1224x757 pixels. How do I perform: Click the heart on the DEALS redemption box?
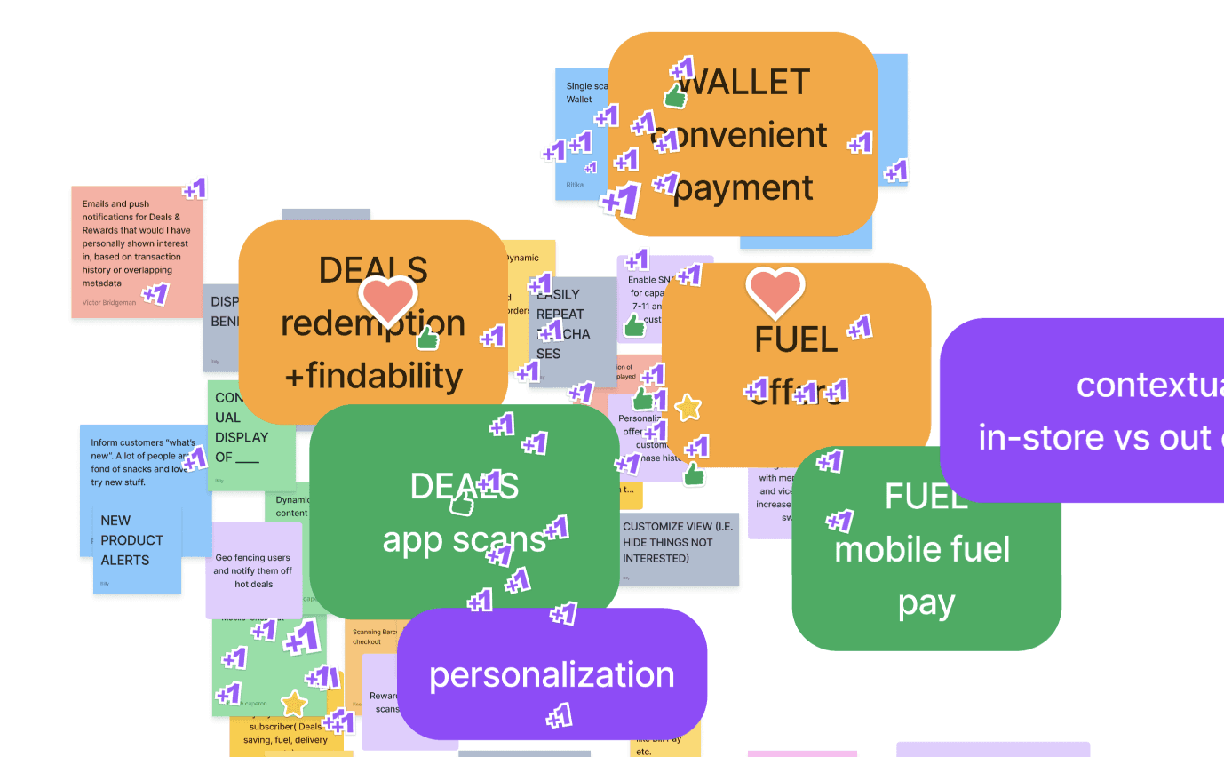387,300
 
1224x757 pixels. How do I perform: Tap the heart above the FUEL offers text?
775,292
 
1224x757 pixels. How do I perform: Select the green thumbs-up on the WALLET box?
676,96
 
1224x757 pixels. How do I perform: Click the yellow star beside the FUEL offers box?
688,408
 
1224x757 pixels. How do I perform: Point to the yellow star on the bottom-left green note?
294,705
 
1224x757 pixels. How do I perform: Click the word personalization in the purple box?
552,674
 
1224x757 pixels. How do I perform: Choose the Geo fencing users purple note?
253,570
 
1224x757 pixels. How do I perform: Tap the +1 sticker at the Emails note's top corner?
195,188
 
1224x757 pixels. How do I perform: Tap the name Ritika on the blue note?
576,185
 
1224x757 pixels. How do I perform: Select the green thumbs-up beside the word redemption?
428,338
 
